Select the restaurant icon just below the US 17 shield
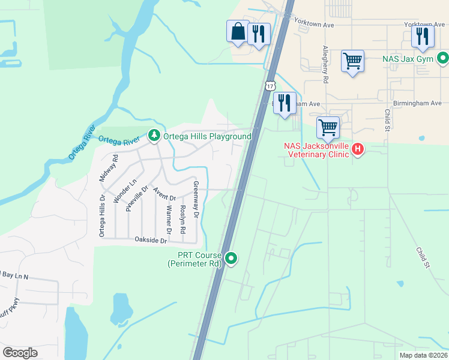285,103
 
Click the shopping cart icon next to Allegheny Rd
352,61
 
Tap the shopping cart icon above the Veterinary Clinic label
328,127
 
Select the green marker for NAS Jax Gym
442,59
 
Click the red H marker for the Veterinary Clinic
358,148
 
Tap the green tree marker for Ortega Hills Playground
154,136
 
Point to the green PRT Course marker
230,259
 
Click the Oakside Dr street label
146,239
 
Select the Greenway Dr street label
195,199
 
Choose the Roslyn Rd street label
182,220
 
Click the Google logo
20,353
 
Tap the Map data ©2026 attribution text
423,355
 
